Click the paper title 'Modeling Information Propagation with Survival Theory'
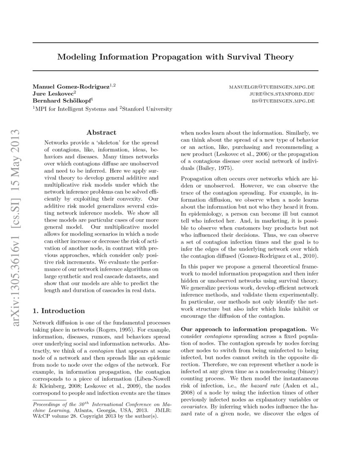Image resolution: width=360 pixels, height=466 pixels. pyautogui.click(x=175, y=56)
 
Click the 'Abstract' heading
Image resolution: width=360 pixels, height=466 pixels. pyautogui.click(x=101, y=132)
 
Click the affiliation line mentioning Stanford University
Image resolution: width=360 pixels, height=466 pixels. pyautogui.click(x=102, y=109)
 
